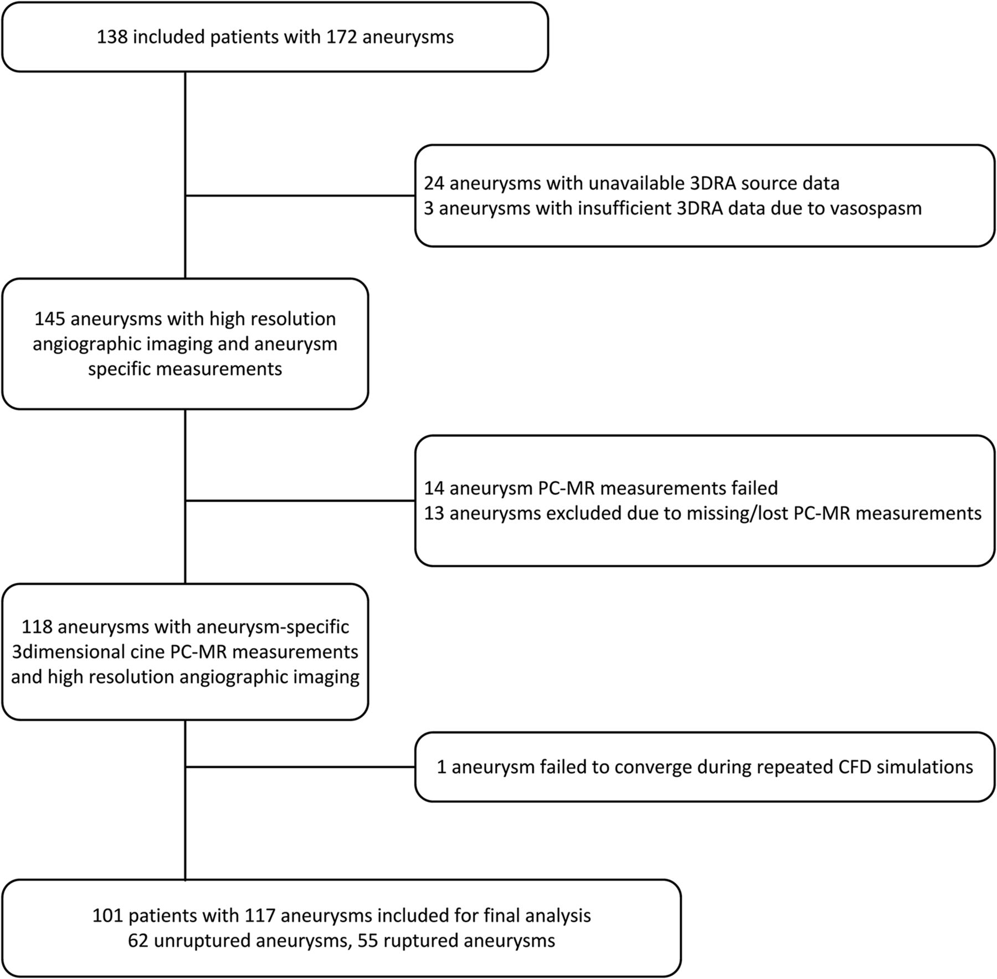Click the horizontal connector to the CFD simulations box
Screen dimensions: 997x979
pyautogui.click(x=300, y=767)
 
